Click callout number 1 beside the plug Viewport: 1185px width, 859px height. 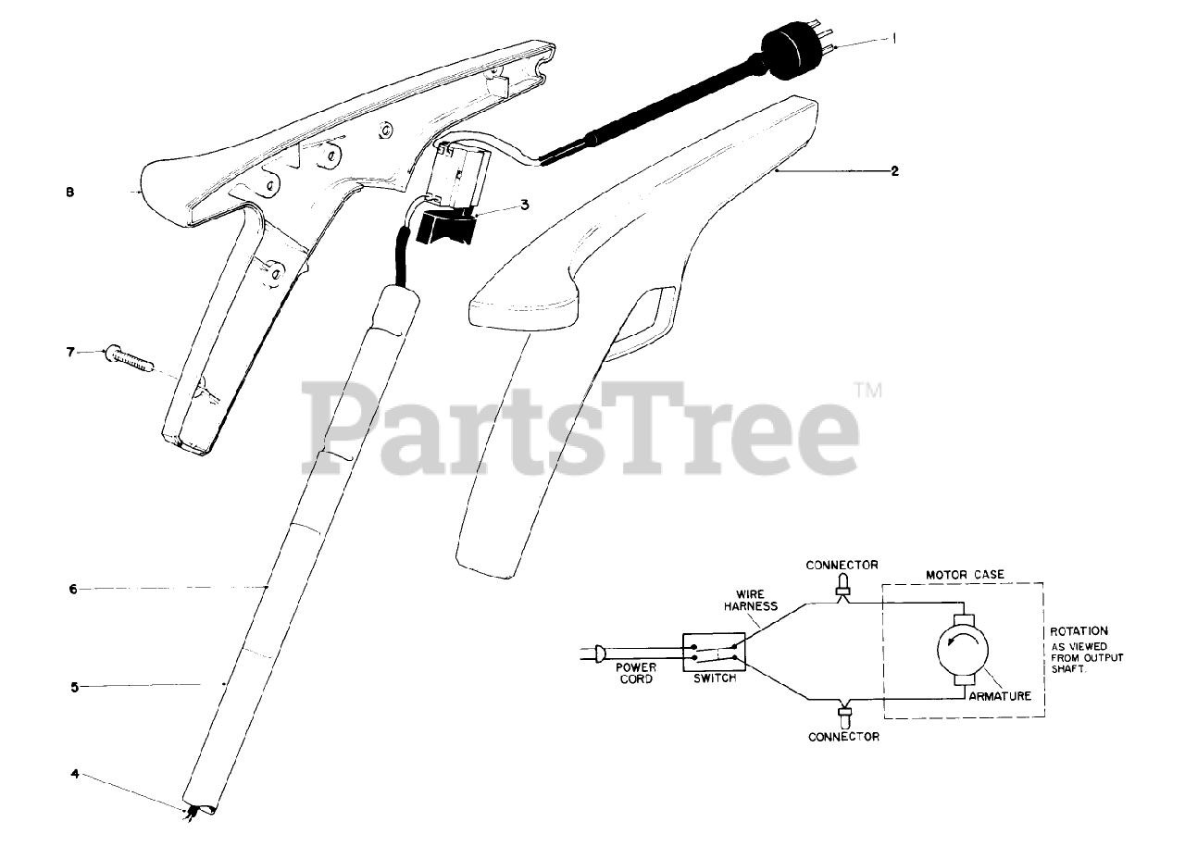click(895, 40)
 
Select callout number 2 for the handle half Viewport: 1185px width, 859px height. click(894, 171)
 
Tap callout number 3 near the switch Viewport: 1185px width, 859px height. click(524, 205)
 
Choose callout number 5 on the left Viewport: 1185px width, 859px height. click(75, 686)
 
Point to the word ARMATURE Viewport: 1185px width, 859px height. click(1000, 696)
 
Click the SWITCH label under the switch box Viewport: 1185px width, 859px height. click(715, 678)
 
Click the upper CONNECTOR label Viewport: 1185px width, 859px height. click(842, 565)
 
